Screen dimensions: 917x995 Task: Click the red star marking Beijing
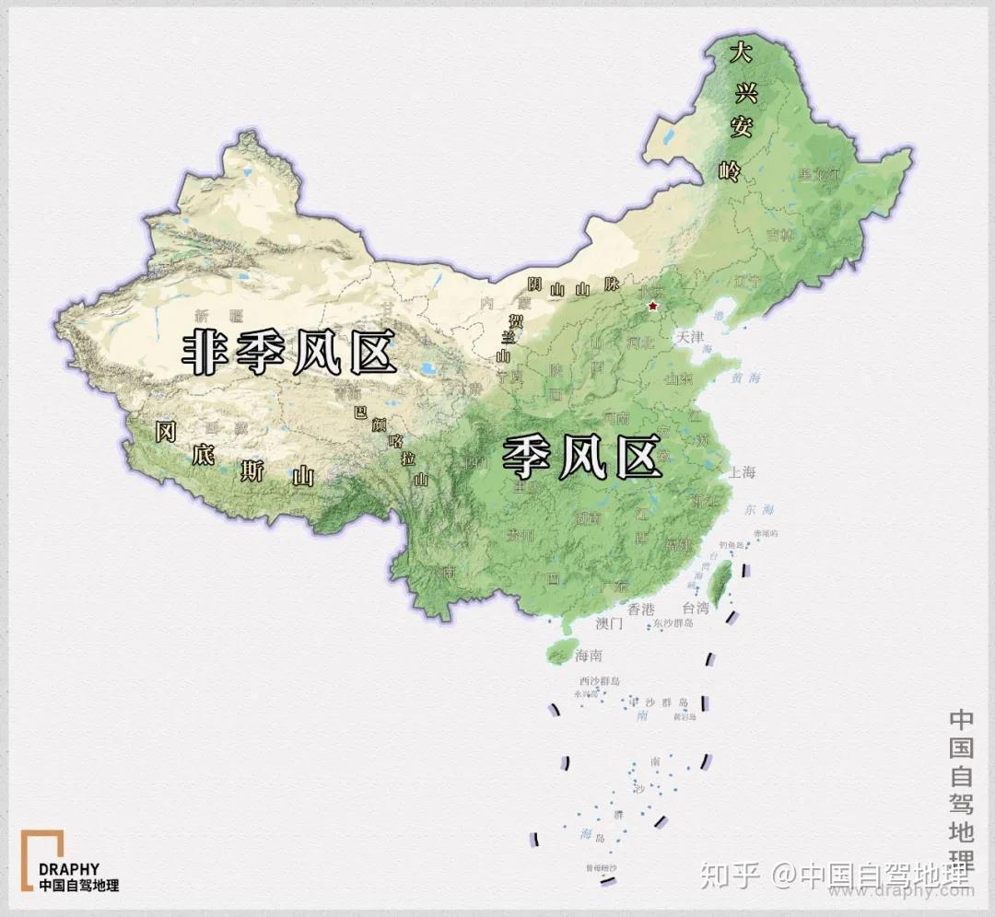tap(653, 306)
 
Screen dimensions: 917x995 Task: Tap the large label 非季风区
tap(288, 352)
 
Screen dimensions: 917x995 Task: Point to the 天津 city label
tap(689, 337)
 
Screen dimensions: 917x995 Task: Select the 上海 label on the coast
tap(742, 472)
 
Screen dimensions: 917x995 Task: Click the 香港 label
tap(640, 609)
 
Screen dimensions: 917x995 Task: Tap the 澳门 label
tap(610, 623)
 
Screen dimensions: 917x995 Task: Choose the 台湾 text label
tap(696, 608)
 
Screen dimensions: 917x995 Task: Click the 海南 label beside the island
tap(588, 656)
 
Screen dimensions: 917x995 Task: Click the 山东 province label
tap(679, 377)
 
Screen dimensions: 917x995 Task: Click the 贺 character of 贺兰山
tap(516, 320)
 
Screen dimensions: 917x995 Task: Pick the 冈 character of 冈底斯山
tap(166, 432)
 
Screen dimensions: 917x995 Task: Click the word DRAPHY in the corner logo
tap(69, 869)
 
